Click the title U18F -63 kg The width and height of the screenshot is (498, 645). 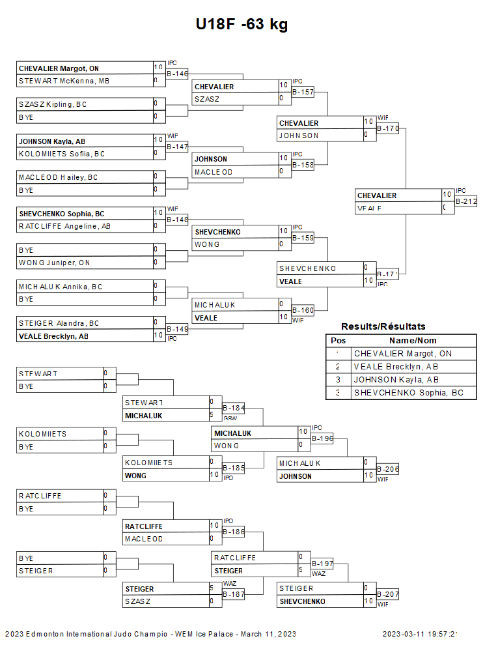(x=242, y=25)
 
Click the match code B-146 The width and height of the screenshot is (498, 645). (x=177, y=74)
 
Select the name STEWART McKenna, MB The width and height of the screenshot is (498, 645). (x=64, y=81)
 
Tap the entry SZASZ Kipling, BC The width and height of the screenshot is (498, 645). (x=53, y=104)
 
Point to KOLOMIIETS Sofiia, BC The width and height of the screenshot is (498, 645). (x=62, y=154)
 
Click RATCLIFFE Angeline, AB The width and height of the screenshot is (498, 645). (x=65, y=226)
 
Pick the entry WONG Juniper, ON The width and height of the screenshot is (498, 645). (x=54, y=263)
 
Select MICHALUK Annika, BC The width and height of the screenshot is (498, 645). (x=61, y=286)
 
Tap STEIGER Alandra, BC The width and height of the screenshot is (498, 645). (x=59, y=323)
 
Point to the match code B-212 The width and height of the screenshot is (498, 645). (x=466, y=202)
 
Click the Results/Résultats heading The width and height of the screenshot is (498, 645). (x=383, y=326)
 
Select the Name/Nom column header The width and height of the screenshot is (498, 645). (x=413, y=341)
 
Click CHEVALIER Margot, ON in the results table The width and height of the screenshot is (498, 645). (x=402, y=354)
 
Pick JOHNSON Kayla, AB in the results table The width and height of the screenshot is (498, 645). (x=396, y=380)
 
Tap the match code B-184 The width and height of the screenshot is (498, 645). (x=234, y=408)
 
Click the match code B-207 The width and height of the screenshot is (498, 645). (x=388, y=595)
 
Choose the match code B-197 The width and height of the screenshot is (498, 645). (x=323, y=564)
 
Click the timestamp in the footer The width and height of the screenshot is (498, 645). (x=421, y=634)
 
